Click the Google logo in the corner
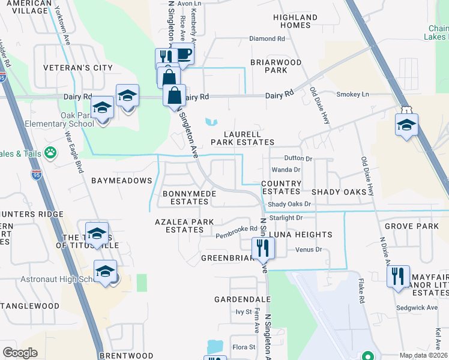[20, 352]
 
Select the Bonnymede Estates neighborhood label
[185, 197]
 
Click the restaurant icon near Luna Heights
[262, 247]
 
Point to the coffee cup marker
[184, 55]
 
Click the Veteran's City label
[78, 68]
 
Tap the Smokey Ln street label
[352, 94]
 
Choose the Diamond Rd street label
[267, 38]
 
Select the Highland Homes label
[295, 21]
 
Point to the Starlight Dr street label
[286, 218]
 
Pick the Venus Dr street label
[309, 249]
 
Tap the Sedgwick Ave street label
[415, 307]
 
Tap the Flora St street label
[244, 347]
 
